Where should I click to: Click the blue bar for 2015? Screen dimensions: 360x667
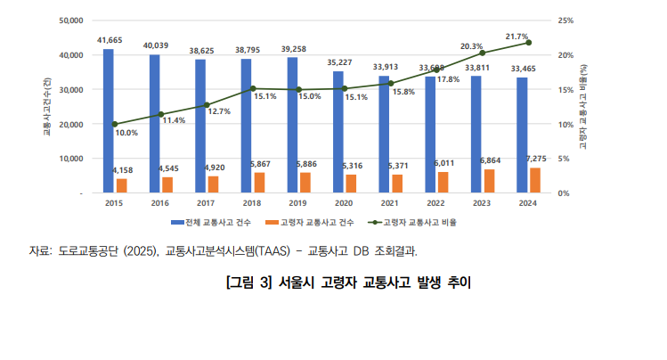tap(108, 120)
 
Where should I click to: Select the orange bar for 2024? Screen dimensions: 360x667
tap(534, 180)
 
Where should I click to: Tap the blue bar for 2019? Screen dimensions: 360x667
tap(292, 125)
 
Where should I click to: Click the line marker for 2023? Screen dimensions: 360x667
tap(483, 53)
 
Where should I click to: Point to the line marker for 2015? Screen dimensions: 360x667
tap(115, 124)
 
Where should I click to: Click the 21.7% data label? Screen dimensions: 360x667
tap(517, 37)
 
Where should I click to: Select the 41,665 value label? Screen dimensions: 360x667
tap(110, 41)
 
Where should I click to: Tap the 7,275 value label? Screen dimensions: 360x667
tap(536, 159)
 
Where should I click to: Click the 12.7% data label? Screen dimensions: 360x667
tap(219, 111)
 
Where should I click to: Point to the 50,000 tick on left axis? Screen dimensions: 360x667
tap(69, 20)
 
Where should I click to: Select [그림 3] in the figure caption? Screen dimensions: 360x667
tap(248, 284)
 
